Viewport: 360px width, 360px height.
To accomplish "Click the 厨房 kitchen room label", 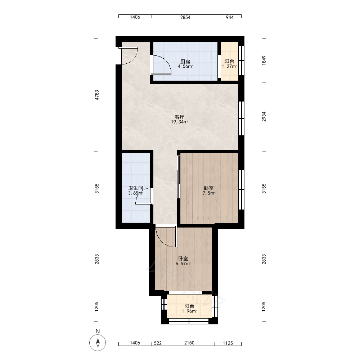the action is click(185, 62).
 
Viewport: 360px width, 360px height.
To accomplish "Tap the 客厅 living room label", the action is click(179, 117).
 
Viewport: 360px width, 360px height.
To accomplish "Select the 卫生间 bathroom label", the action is click(136, 188).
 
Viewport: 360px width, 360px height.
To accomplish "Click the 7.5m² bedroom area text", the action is click(209, 193).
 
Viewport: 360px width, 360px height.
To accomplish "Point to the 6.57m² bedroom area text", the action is click(183, 264).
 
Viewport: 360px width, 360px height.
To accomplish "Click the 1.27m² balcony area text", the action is click(229, 67).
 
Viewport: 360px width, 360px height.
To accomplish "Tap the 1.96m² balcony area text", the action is click(189, 311).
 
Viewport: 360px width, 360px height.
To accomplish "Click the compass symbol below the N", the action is click(98, 343).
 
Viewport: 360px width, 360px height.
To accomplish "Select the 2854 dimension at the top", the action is click(185, 17).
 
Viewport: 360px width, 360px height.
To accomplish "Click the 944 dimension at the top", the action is click(230, 17).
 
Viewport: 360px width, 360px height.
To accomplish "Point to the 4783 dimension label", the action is click(97, 95).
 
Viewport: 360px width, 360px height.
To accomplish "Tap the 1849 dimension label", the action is click(264, 60).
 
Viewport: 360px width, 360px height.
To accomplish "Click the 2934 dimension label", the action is click(264, 117).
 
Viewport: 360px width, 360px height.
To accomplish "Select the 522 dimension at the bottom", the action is click(158, 343).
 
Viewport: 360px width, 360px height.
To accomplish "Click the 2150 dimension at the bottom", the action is click(189, 343).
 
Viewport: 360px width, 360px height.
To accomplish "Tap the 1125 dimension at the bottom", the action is click(228, 343).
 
